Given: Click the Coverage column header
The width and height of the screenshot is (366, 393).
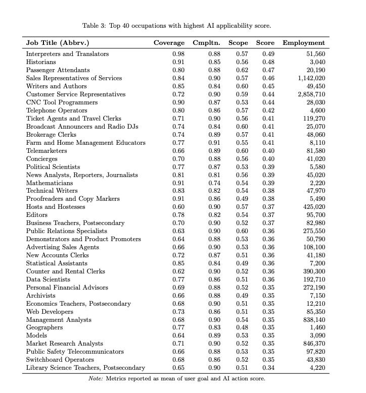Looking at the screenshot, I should tap(169, 43).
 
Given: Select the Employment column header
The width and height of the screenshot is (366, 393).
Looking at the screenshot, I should tap(303, 43).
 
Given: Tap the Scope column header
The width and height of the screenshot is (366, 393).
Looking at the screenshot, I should tap(238, 43).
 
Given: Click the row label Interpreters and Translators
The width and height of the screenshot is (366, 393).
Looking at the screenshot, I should tap(67, 54).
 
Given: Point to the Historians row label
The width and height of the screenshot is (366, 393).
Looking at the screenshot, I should tap(41, 62).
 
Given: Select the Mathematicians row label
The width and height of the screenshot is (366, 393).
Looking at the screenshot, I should tap(50, 183).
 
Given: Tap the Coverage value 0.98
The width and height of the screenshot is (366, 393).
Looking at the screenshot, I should tap(178, 54).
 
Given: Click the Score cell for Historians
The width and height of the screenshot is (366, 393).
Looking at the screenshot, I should tap(268, 62).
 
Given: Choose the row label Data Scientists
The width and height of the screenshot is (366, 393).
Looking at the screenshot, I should tap(48, 279).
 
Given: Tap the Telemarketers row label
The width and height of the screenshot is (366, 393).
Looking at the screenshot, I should tap(46, 150).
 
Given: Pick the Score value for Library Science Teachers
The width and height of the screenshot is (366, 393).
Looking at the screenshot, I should tap(268, 368).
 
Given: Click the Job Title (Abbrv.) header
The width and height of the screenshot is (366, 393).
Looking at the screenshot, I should tap(61, 43).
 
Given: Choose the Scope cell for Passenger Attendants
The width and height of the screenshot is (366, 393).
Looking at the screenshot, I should tap(242, 70).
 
